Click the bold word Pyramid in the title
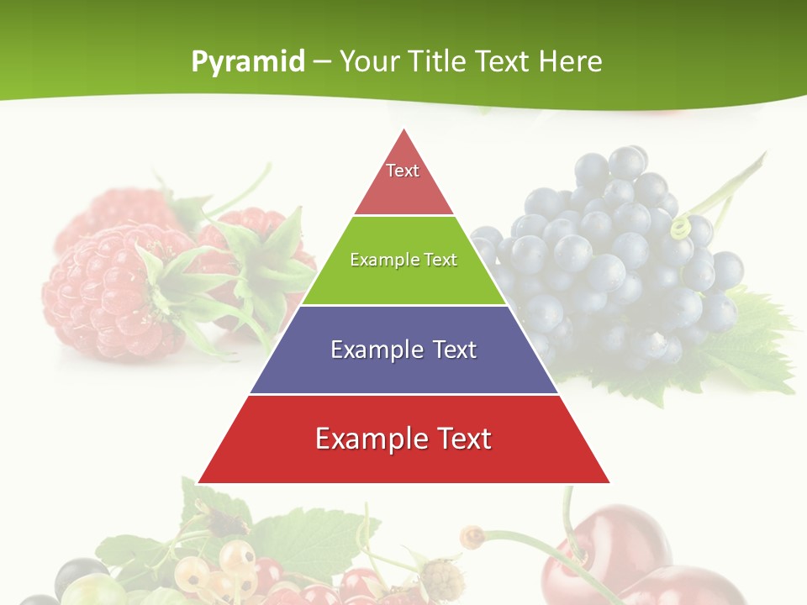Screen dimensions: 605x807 pyautogui.click(x=247, y=62)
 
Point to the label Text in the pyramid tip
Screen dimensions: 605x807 pyautogui.click(x=403, y=171)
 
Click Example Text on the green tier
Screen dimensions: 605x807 pyautogui.click(x=403, y=260)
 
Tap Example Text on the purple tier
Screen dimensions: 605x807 pyautogui.click(x=403, y=350)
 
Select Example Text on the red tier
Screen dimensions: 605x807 pyautogui.click(x=403, y=439)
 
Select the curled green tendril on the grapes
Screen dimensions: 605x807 pyautogui.click(x=679, y=227)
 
